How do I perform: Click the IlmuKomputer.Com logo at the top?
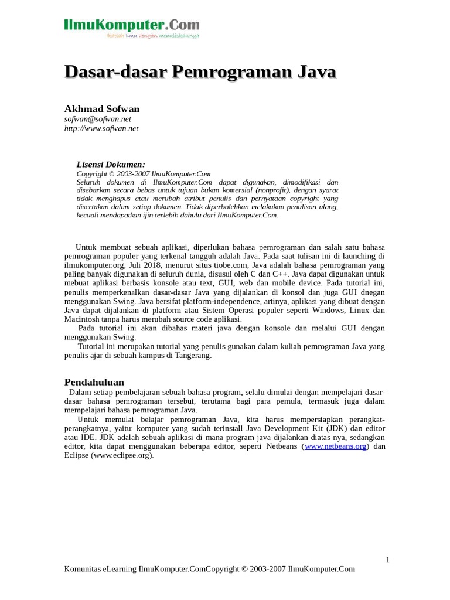(x=132, y=27)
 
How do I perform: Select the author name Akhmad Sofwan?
(x=102, y=109)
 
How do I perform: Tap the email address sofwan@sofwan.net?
(x=98, y=119)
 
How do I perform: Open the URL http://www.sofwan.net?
(x=101, y=128)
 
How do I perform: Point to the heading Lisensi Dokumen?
(x=111, y=165)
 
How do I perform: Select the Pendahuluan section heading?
(x=94, y=382)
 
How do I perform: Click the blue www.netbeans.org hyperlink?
(x=335, y=446)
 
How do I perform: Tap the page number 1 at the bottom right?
(x=387, y=560)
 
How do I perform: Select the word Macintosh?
(x=84, y=319)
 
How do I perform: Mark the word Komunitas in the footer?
(x=82, y=569)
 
